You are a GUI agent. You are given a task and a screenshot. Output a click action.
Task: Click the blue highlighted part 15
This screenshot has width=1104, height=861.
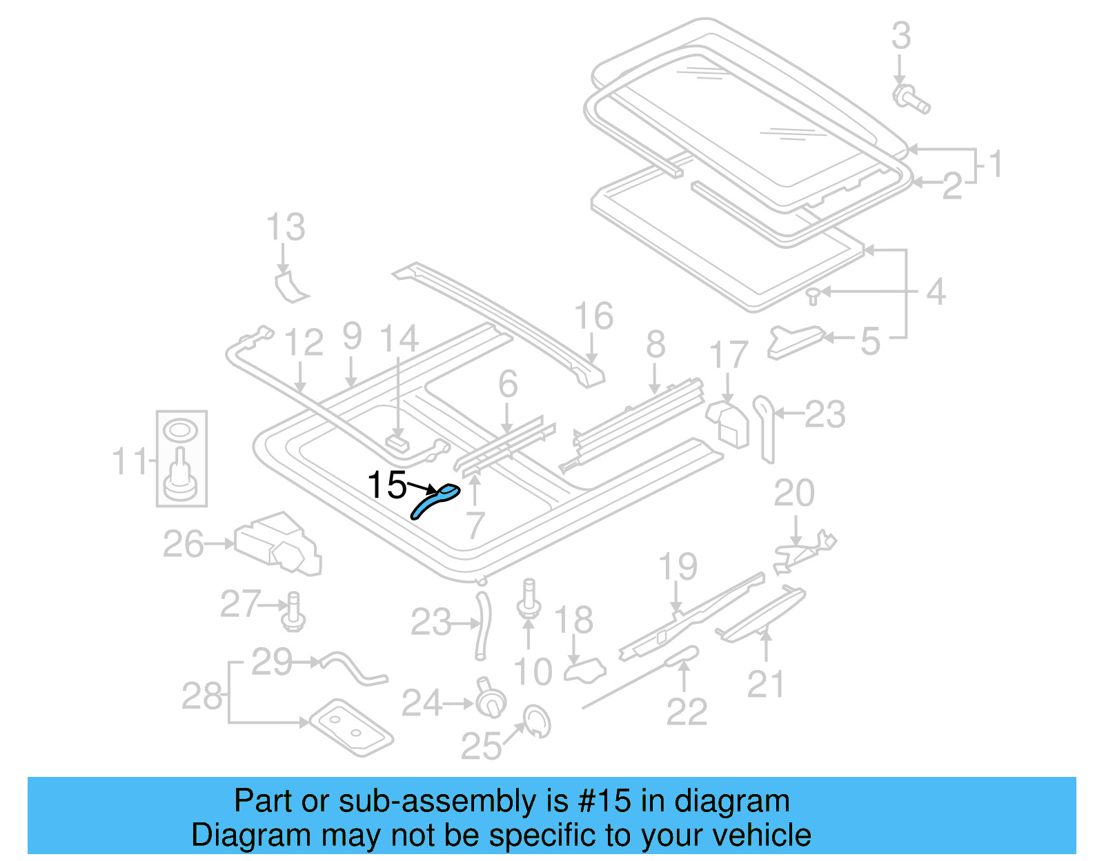pyautogui.click(x=435, y=500)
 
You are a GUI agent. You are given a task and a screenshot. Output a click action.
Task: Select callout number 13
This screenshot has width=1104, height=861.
pyautogui.click(x=286, y=227)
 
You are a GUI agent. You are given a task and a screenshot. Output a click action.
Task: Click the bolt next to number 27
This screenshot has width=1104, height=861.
pyautogui.click(x=293, y=611)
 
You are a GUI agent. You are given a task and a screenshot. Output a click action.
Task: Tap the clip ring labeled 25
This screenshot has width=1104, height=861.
pyautogui.click(x=537, y=720)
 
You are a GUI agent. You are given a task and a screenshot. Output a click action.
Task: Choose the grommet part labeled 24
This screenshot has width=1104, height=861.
pyautogui.click(x=490, y=700)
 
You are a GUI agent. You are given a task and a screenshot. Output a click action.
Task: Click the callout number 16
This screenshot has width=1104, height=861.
pyautogui.click(x=593, y=316)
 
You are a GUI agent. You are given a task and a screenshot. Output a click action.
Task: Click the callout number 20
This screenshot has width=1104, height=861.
pyautogui.click(x=794, y=493)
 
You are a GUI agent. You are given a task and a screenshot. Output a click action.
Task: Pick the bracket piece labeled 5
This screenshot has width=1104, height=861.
pyautogui.click(x=795, y=341)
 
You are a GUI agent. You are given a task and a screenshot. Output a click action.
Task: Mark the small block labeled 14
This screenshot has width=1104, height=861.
pyautogui.click(x=397, y=440)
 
